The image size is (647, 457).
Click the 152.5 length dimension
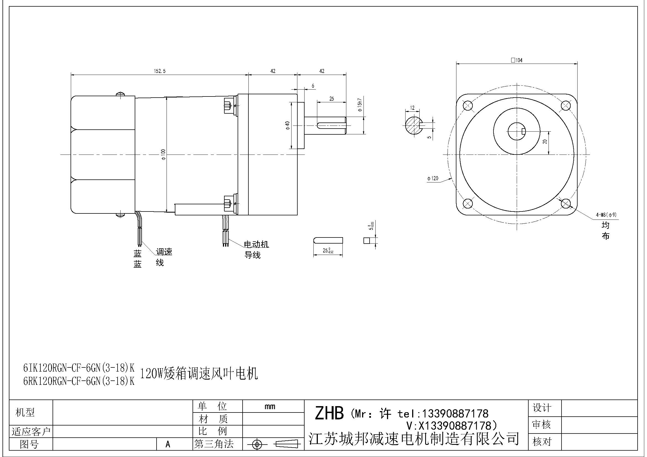pos(160,71)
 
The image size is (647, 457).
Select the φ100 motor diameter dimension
pos(163,154)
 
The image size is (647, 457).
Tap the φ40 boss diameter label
pos(287,126)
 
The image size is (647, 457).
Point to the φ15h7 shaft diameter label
pos(359,105)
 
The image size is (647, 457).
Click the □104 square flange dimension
pos(516,60)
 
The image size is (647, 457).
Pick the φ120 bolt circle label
pos(433,179)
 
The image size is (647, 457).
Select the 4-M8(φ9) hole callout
pos(606,215)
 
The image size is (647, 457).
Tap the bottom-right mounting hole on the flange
pos(566,203)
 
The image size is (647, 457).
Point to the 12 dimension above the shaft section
pos(412,108)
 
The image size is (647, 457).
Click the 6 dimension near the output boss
pos(313,86)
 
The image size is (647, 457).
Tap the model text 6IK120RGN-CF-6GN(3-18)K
pos(79,367)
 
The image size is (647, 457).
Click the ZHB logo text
pos(329,413)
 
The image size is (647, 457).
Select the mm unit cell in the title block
pos(270,406)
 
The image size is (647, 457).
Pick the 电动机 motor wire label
pos(256,244)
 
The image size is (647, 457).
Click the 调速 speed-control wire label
pos(164,252)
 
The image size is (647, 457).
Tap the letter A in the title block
pos(168,444)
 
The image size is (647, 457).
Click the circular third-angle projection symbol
pos(257,445)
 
